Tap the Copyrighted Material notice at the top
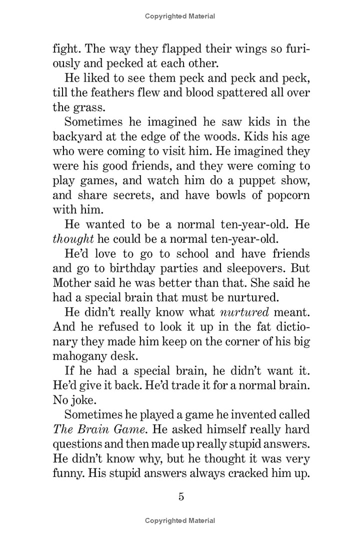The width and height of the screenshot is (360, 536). pyautogui.click(x=180, y=16)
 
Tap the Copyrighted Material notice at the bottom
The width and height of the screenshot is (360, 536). pyautogui.click(x=180, y=521)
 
